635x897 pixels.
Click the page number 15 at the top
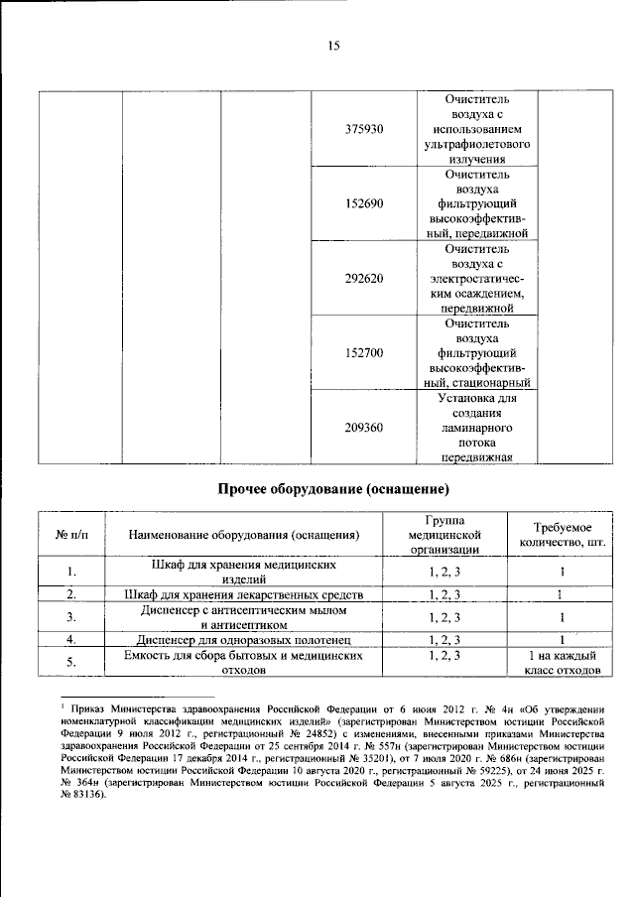(334, 45)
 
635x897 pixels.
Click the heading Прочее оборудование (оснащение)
(334, 489)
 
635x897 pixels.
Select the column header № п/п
(71, 536)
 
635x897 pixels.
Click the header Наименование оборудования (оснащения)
(243, 536)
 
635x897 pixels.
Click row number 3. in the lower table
(71, 617)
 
